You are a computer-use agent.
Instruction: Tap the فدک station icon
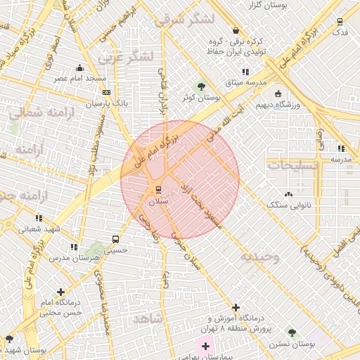pyautogui.click(x=340, y=21)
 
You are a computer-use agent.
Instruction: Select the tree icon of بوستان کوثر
pyautogui.click(x=202, y=86)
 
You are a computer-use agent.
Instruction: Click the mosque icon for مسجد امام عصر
pyautogui.click(x=79, y=68)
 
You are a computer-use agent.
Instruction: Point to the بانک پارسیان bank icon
pyautogui.click(x=106, y=92)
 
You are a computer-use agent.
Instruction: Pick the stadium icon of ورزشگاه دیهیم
pyautogui.click(x=278, y=94)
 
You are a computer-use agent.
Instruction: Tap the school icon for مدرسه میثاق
pyautogui.click(x=245, y=72)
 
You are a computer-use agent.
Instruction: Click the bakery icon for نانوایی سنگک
pyautogui.click(x=288, y=193)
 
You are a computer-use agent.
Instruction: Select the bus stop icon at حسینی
pyautogui.click(x=115, y=239)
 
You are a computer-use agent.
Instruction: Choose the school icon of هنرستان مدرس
pyautogui.click(x=74, y=247)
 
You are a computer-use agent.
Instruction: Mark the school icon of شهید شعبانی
pyautogui.click(x=39, y=218)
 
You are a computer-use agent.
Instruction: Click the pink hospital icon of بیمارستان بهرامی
pyautogui.click(x=205, y=346)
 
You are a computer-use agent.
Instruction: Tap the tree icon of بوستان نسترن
pyautogui.click(x=292, y=332)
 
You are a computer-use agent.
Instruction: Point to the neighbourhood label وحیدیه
pyautogui.click(x=260, y=257)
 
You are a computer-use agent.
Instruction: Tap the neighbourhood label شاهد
pyautogui.click(x=147, y=319)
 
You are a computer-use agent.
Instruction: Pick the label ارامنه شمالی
pyautogui.click(x=33, y=110)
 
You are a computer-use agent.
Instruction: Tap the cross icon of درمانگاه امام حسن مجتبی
pyautogui.click(x=61, y=291)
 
